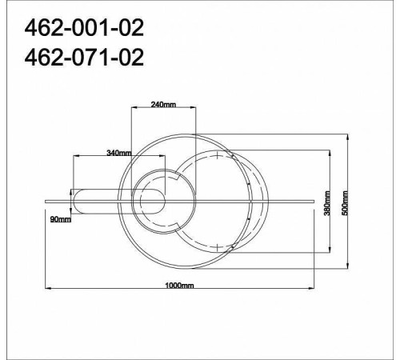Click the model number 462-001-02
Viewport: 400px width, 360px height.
pyautogui.click(x=84, y=28)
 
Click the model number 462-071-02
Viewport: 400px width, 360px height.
pyautogui.click(x=84, y=58)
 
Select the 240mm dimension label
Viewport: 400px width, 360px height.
pyautogui.click(x=163, y=104)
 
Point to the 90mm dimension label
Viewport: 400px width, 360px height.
pyautogui.click(x=61, y=219)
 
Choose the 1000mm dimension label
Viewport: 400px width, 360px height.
pyautogui.click(x=179, y=286)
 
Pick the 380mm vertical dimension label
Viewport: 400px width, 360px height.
pyautogui.click(x=327, y=203)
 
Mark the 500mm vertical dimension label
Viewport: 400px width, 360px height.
pyautogui.click(x=345, y=203)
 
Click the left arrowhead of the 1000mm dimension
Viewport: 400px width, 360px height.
pyautogui.click(x=48, y=288)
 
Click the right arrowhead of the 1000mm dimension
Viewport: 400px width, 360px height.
pyautogui.click(x=311, y=288)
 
